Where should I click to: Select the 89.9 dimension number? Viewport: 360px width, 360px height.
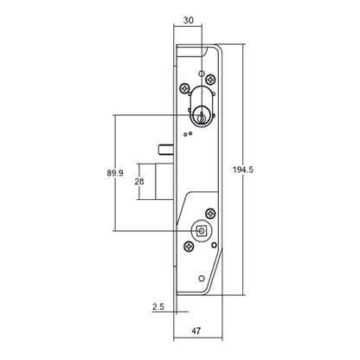click(102, 173)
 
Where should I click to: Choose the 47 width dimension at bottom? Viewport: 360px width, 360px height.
click(198, 330)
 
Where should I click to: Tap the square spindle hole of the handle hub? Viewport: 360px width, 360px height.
click(201, 230)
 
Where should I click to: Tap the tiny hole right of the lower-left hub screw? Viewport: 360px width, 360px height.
click(198, 251)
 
